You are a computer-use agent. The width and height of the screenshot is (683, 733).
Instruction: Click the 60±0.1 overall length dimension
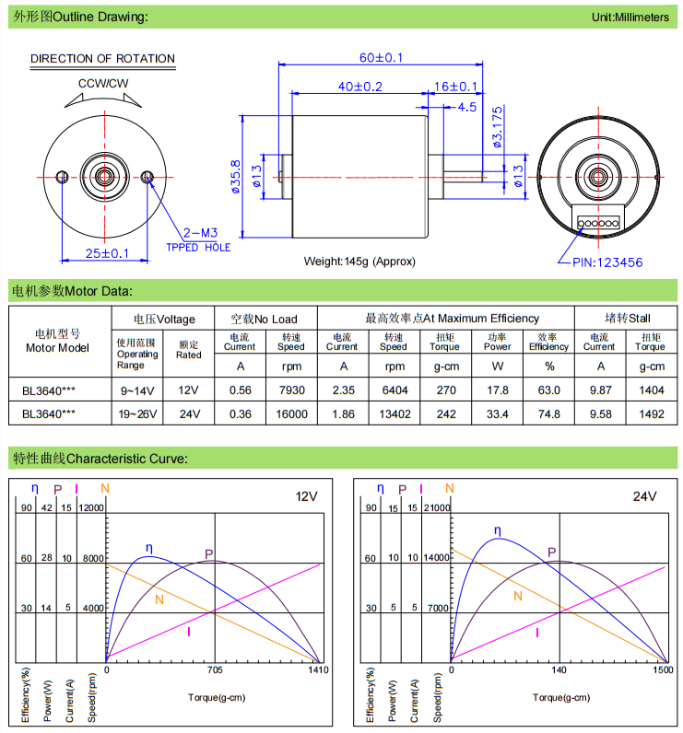coord(381,57)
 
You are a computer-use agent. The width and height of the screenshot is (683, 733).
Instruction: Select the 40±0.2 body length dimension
coord(359,87)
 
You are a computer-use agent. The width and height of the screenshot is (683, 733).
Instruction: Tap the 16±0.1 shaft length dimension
coord(455,87)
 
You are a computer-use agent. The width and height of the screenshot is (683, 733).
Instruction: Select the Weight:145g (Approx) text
coord(360,262)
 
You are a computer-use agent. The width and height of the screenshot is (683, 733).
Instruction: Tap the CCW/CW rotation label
coord(103,83)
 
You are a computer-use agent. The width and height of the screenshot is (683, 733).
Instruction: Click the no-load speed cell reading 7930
coord(291,390)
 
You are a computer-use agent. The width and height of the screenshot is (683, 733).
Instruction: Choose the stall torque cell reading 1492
coord(650,414)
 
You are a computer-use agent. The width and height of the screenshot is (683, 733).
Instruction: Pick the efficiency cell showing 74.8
coord(548,414)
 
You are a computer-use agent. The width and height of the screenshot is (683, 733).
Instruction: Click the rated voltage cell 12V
coord(189,390)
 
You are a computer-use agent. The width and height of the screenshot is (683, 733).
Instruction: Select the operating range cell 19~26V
coord(137,414)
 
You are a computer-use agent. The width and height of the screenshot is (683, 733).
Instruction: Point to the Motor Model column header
coord(57,341)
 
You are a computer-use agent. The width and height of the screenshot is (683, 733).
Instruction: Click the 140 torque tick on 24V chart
coord(559,671)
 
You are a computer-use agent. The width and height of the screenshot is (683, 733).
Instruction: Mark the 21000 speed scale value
coord(436,507)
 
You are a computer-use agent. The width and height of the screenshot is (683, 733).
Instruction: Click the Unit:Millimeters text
coord(630,17)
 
